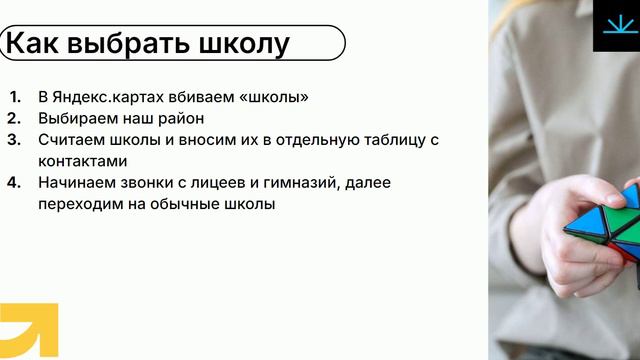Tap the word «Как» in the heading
34,44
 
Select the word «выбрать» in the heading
129,44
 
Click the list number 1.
14,97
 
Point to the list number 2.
14,118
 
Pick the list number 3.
14,139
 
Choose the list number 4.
14,183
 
